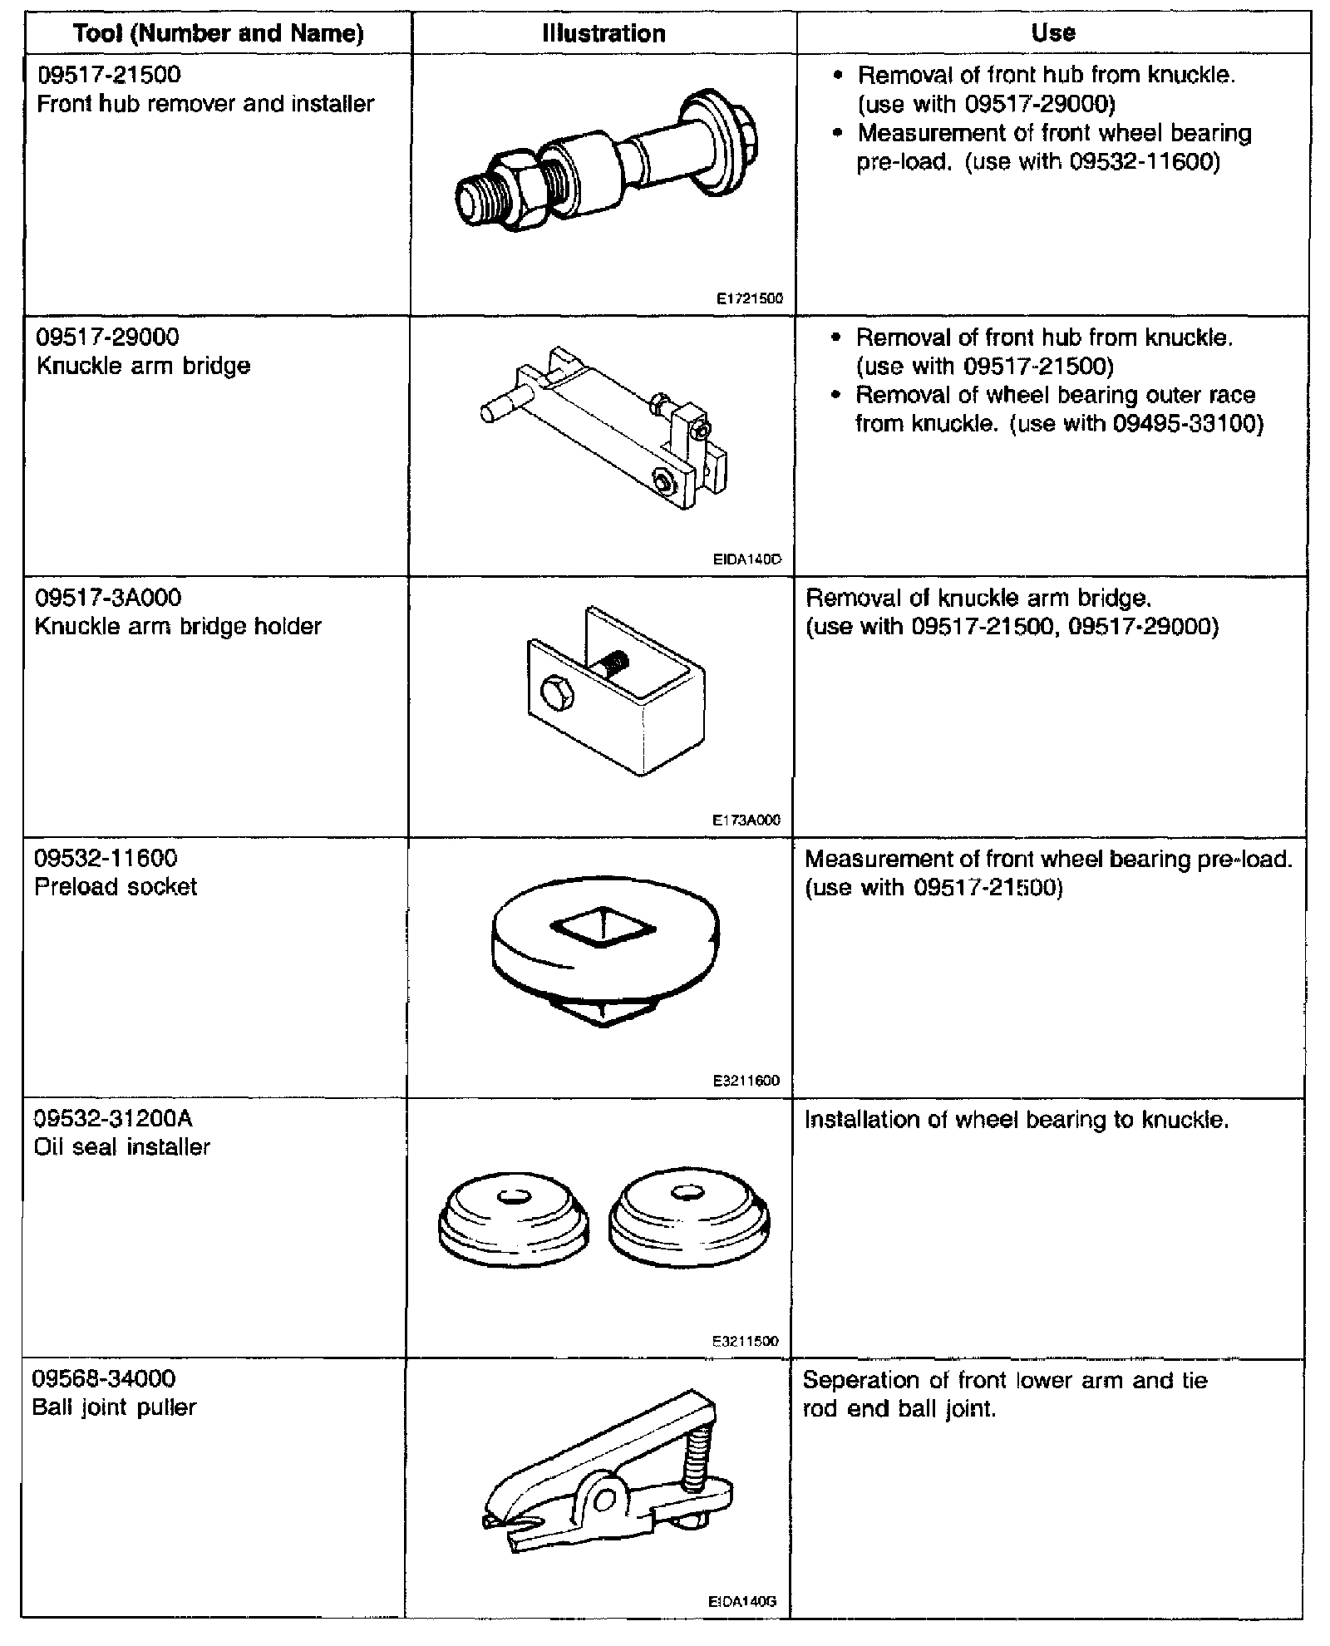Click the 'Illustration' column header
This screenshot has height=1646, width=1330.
pyautogui.click(x=603, y=33)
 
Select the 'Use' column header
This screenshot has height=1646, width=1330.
pyautogui.click(x=1052, y=32)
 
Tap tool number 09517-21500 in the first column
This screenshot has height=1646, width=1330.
pyautogui.click(x=109, y=75)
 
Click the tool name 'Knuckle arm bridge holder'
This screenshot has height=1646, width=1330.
pyautogui.click(x=178, y=626)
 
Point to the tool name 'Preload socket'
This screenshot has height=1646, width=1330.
pyautogui.click(x=116, y=886)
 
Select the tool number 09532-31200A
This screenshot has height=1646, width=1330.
pyautogui.click(x=114, y=1118)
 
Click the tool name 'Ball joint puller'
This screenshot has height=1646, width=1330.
pyautogui.click(x=114, y=1407)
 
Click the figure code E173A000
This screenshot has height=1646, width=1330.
pyautogui.click(x=746, y=820)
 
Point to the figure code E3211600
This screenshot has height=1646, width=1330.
pyautogui.click(x=746, y=1081)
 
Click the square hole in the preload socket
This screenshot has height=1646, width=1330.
pyautogui.click(x=600, y=925)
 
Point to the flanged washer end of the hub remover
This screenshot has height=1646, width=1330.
pyautogui.click(x=720, y=140)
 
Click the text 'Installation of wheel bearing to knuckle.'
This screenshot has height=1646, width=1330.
pyautogui.click(x=1016, y=1120)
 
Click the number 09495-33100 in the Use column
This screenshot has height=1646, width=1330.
pyautogui.click(x=1188, y=424)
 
